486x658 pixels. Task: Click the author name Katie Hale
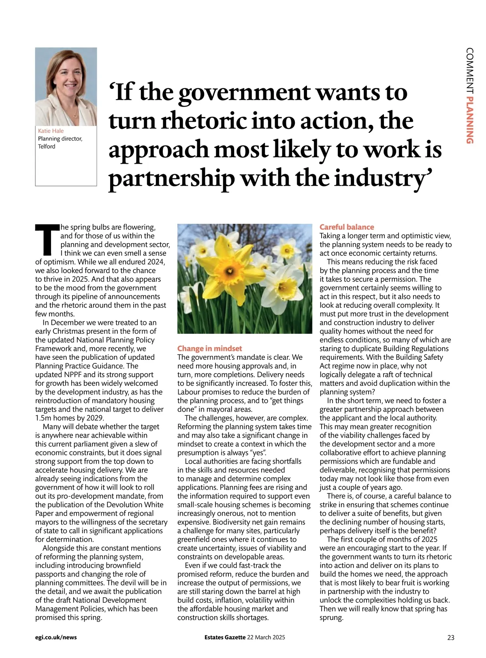51,131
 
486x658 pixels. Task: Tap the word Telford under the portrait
47,146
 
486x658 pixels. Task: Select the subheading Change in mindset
209,348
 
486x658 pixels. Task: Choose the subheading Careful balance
347,227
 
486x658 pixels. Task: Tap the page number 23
451,638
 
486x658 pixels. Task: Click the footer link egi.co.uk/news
56,637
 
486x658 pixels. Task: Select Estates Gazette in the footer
225,637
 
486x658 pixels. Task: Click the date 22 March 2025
266,637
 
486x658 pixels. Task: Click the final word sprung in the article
331,618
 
